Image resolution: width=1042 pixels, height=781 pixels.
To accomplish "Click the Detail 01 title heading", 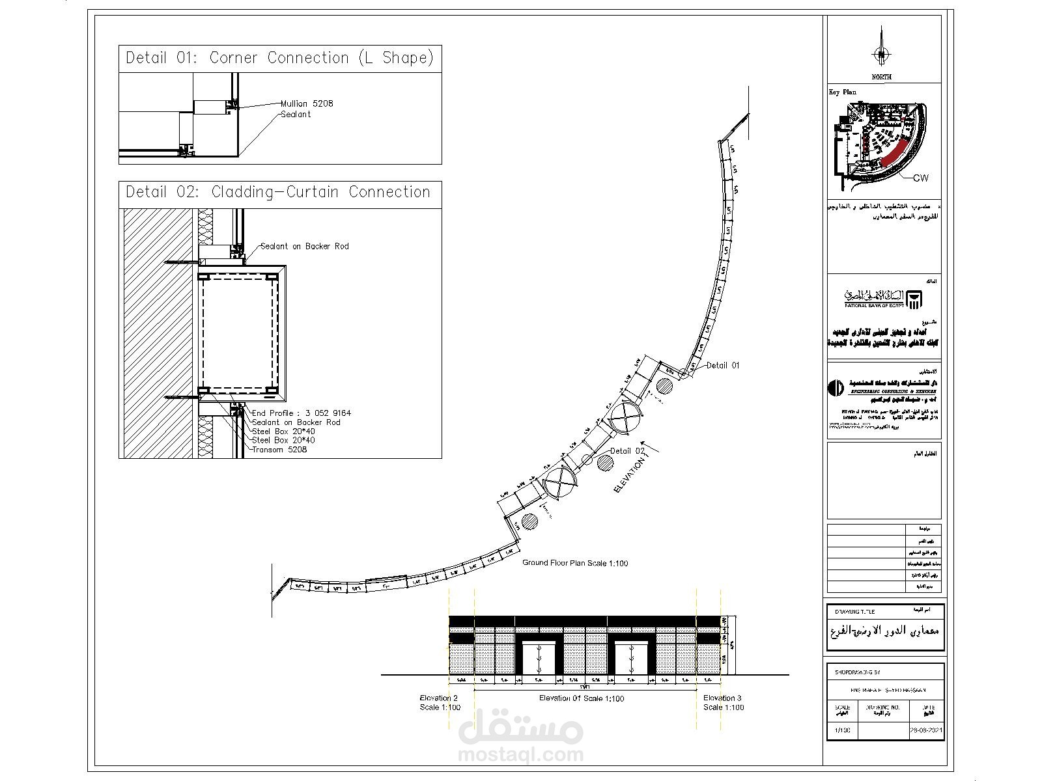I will pyautogui.click(x=279, y=58).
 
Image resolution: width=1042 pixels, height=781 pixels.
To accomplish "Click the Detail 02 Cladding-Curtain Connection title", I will pyautogui.click(x=278, y=192).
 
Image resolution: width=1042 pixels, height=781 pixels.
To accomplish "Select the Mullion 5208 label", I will pyautogui.click(x=307, y=103).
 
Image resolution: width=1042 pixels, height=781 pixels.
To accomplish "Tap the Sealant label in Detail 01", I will pyautogui.click(x=296, y=115).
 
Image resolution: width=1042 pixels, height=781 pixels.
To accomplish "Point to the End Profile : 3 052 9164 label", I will pyautogui.click(x=302, y=413).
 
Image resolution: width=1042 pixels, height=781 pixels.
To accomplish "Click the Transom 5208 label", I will pyautogui.click(x=279, y=450).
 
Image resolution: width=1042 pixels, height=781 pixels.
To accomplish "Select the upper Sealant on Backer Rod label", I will pyautogui.click(x=304, y=246).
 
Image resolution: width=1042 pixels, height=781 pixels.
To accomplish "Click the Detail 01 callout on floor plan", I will pyautogui.click(x=723, y=366).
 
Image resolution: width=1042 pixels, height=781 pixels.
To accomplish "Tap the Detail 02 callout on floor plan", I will pyautogui.click(x=628, y=450).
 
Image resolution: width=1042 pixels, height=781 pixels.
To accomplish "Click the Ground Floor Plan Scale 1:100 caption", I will pyautogui.click(x=575, y=563).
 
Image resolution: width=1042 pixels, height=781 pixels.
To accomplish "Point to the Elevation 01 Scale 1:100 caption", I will pyautogui.click(x=582, y=698).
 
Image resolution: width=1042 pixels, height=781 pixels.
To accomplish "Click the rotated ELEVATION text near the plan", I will pyautogui.click(x=630, y=474).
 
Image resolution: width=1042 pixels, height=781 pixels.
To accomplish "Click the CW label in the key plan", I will pyautogui.click(x=921, y=178).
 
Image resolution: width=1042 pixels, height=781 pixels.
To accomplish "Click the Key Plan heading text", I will pyautogui.click(x=842, y=92).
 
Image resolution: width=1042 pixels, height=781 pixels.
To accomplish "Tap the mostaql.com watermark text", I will pyautogui.click(x=521, y=755).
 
